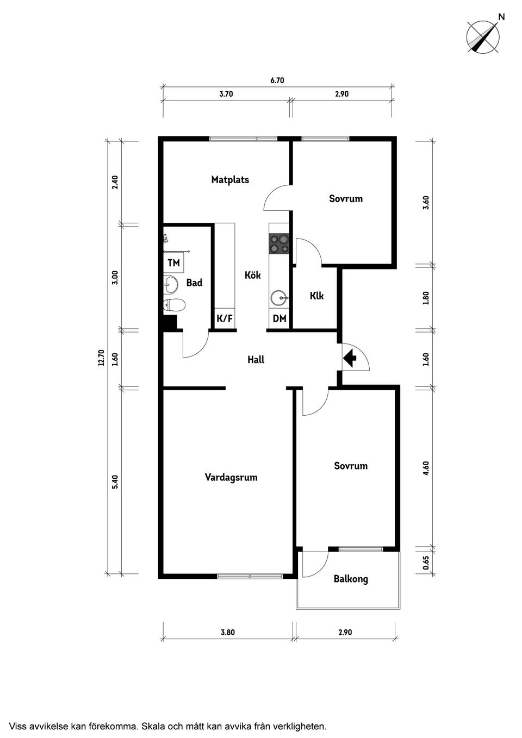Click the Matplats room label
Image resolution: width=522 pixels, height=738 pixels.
pos(230,180)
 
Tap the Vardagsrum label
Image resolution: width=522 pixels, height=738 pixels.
pos(231,477)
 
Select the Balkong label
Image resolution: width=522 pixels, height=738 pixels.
pos(351,579)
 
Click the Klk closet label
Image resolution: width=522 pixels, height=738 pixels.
pos(316,296)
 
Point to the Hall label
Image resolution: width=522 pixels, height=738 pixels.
pos(256,359)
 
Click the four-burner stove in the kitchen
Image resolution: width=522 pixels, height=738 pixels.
pos(279,243)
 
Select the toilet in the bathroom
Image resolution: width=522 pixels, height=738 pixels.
pos(175,305)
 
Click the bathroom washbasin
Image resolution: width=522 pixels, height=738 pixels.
pos(170,284)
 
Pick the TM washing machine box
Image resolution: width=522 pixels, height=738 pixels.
pos(173,263)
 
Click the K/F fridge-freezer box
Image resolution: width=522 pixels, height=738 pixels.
pos(225,318)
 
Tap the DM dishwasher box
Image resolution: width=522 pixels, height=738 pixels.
pos(279,318)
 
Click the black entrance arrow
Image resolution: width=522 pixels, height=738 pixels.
pos(350,358)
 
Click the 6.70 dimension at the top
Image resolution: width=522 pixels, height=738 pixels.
pos(277,80)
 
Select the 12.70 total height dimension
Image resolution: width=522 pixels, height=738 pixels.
pos(102,358)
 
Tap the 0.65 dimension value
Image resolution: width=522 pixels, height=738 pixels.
pos(426,562)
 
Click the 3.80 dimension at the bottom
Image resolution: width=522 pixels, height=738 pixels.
pos(228,632)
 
